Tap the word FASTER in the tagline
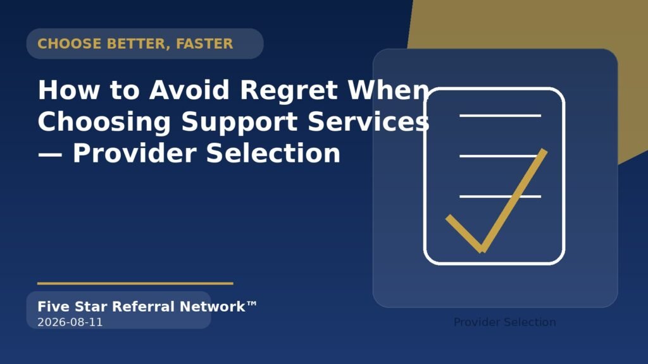click(204, 44)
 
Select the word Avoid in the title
click(189, 90)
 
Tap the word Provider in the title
click(134, 153)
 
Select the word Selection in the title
click(273, 153)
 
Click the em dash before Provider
click(50, 154)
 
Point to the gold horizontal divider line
click(135, 284)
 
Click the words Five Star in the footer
click(72, 306)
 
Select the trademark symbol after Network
click(252, 304)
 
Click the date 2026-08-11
click(70, 322)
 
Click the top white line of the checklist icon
click(500, 116)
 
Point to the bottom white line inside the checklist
click(500, 197)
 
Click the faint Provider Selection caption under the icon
click(504, 322)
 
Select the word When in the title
click(389, 90)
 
